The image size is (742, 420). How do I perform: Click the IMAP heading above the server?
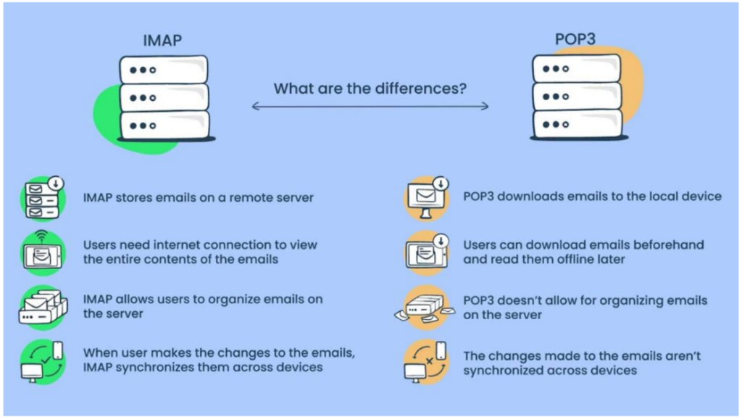[x=162, y=40]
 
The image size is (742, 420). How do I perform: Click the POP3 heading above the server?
[x=575, y=39]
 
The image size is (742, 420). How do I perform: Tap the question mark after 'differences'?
[x=462, y=88]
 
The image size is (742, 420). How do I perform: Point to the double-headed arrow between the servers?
[x=370, y=106]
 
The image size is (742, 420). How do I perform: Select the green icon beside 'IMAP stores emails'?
[x=43, y=198]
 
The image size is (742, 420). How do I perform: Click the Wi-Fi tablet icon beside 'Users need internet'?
[x=43, y=254]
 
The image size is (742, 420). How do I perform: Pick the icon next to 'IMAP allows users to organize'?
[x=43, y=308]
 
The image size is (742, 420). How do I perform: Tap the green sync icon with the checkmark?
[x=43, y=362]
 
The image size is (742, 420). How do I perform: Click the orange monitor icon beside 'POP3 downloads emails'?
[x=427, y=198]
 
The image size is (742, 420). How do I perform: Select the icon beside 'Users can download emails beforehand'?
[x=427, y=254]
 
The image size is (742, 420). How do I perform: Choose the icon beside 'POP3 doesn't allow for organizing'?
[x=425, y=308]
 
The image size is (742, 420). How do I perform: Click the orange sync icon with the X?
[x=426, y=362]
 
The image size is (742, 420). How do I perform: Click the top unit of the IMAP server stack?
[x=164, y=70]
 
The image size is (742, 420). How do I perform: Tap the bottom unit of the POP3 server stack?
[x=578, y=124]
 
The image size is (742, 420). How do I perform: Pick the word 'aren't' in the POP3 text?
[x=683, y=356]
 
